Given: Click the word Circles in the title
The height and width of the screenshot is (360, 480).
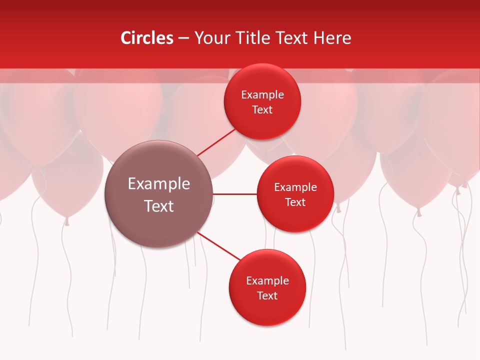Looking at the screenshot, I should pos(146,38).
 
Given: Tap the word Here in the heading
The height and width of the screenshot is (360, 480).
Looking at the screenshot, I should pos(332,38).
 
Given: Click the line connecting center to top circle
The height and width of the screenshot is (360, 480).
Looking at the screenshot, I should pos(216,142).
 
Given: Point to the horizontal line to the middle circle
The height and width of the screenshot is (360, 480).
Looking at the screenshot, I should pos(234,194).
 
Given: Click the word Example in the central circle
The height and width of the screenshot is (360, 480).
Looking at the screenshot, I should pos(158,184).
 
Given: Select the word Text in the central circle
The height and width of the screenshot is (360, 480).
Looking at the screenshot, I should pos(158,206).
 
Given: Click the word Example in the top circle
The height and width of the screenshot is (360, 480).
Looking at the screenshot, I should pos(262,95).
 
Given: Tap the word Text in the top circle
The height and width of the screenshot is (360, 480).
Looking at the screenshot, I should pos(262,110).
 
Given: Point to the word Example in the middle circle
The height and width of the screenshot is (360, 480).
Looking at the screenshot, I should pos(295,187).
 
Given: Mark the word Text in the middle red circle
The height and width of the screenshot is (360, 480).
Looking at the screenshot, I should pos(295,202).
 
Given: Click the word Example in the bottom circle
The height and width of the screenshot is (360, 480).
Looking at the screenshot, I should pos(267,281).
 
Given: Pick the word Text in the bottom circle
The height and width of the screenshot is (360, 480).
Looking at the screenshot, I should pos(267,296).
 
